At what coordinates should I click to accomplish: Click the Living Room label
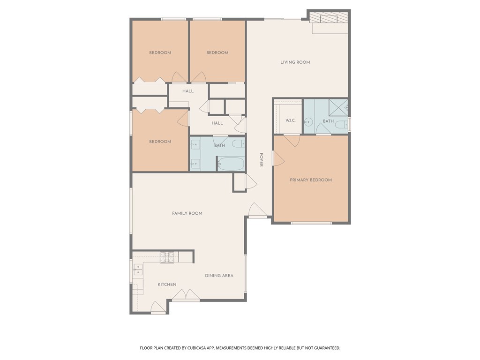point(295,62)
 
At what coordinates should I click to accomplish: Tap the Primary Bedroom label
point(311,180)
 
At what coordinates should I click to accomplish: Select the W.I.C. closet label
point(291,120)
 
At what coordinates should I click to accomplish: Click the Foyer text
point(261,160)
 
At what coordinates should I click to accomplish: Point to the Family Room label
point(187,213)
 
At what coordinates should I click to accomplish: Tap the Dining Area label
point(219,276)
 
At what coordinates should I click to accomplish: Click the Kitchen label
point(167,285)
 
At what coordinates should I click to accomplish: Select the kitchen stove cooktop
point(167,257)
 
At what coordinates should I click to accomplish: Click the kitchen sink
point(138,270)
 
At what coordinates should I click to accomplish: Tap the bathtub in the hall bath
point(231,164)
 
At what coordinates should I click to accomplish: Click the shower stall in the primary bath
point(338,108)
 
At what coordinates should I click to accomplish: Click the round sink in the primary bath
point(308,122)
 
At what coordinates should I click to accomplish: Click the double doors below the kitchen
point(186,295)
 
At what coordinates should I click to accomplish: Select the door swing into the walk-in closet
point(292,141)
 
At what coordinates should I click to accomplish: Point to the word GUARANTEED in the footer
point(327,348)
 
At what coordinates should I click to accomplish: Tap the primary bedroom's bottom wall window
point(311,223)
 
